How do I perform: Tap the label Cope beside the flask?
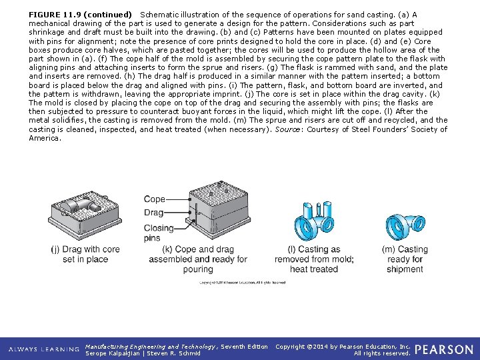coord(154,199)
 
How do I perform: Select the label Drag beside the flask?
coord(153,213)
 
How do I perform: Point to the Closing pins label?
coord(158,233)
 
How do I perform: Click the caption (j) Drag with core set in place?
coord(85,254)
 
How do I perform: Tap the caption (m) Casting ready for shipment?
coord(404,259)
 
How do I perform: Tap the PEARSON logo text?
coord(443,349)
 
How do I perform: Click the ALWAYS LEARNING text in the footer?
coord(43,350)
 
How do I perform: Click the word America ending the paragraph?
coord(45,138)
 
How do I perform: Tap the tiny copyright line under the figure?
coord(242,283)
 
